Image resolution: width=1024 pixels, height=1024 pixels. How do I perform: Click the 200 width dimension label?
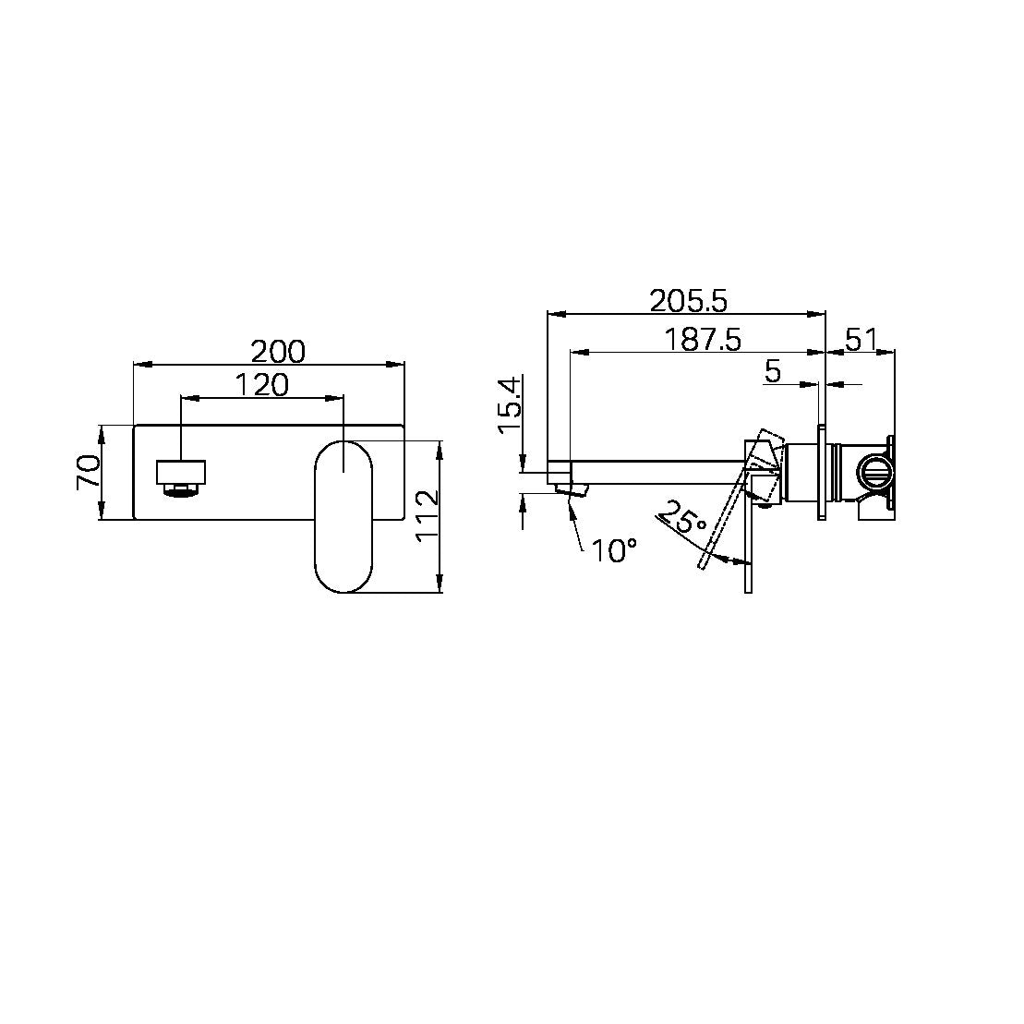[x=278, y=351]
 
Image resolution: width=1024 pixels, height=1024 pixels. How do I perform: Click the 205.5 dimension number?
[x=688, y=300]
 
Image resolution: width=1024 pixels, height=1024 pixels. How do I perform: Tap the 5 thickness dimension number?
[x=773, y=372]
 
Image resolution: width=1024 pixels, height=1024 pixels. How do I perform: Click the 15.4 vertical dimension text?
[x=509, y=407]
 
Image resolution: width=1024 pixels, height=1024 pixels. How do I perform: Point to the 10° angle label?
[x=614, y=551]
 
